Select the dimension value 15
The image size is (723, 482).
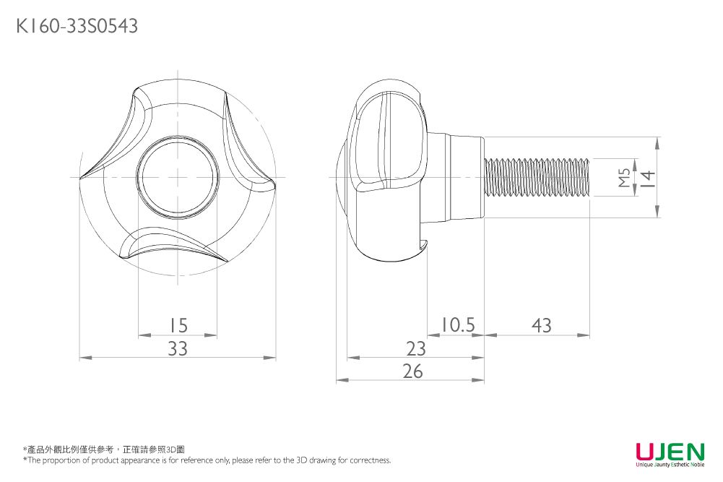pyautogui.click(x=177, y=326)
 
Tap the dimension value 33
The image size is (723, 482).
pyautogui.click(x=178, y=349)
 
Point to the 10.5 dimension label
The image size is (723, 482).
pyautogui.click(x=457, y=325)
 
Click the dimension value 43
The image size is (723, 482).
pyautogui.click(x=541, y=326)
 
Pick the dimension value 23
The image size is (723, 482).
pyautogui.click(x=415, y=349)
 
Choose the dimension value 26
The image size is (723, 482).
pyautogui.click(x=412, y=371)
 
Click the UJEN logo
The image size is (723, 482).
pyautogui.click(x=670, y=452)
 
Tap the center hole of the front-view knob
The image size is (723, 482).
pyautogui.click(x=178, y=177)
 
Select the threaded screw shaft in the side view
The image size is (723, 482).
pyautogui.click(x=538, y=177)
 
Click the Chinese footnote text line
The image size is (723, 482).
pyautogui.click(x=104, y=449)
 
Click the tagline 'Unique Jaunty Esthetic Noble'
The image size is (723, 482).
pyautogui.click(x=670, y=465)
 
